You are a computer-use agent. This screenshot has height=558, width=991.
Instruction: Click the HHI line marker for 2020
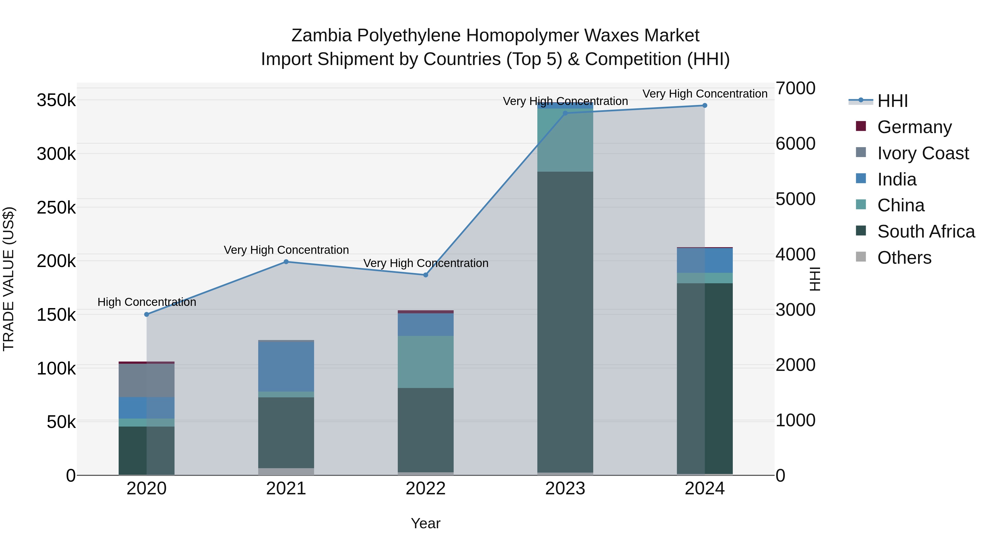click(x=146, y=314)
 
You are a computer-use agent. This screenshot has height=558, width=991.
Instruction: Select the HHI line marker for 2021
click(x=286, y=262)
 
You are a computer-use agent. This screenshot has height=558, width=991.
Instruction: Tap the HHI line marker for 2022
click(x=426, y=275)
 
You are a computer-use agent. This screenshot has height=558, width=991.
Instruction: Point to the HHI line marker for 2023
click(x=565, y=113)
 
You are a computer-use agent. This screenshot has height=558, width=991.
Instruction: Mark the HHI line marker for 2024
click(x=705, y=106)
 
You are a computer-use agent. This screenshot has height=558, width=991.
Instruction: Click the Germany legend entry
click(x=914, y=127)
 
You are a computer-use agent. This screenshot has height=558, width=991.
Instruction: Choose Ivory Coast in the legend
click(x=922, y=153)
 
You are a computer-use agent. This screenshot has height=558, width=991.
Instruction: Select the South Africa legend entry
click(x=925, y=232)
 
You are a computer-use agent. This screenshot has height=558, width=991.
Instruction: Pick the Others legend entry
click(x=904, y=258)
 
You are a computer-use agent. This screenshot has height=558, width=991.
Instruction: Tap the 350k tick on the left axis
click(x=56, y=101)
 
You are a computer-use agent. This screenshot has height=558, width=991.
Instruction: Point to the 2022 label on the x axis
click(x=426, y=489)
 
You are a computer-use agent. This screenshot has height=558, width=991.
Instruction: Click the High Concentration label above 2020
click(x=146, y=302)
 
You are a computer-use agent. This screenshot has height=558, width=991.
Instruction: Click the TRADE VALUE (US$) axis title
click(x=9, y=279)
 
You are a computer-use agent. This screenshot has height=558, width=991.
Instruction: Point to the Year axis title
click(x=426, y=523)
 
